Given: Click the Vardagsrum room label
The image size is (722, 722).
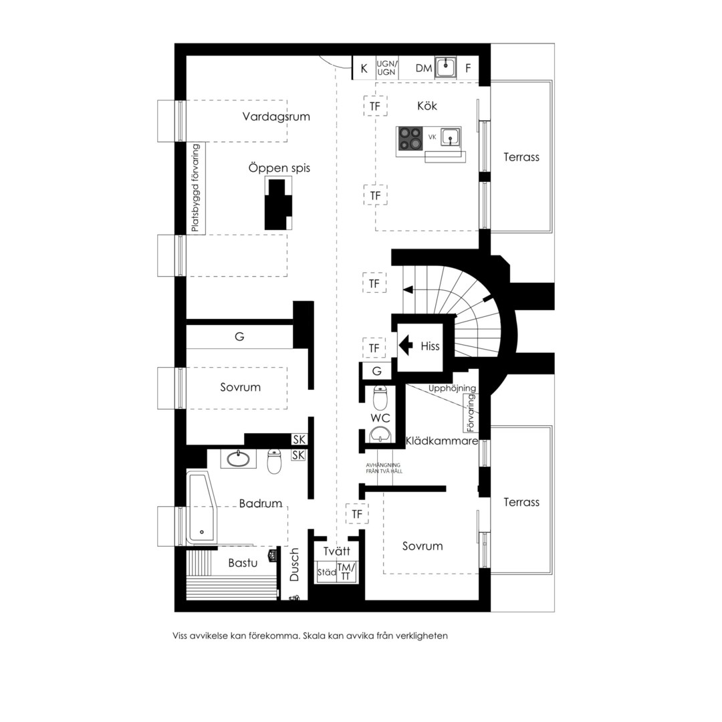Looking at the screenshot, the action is [276, 116].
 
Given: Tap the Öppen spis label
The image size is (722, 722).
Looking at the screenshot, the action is [279, 168].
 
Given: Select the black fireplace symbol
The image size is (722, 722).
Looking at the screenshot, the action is [277, 204].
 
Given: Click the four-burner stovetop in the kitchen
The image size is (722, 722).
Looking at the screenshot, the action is [410, 138].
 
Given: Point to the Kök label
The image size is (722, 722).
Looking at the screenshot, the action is [427, 106].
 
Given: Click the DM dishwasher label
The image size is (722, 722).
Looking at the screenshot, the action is [424, 69].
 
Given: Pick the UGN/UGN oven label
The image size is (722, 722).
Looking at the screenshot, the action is [387, 68].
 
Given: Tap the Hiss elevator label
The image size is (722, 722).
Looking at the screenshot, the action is [430, 346].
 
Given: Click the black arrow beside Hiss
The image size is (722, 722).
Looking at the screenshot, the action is [406, 346].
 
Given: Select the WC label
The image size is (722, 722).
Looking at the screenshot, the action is [380, 418].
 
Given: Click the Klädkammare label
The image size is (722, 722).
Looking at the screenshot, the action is [442, 441].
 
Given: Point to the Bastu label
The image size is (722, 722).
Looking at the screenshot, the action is [243, 563].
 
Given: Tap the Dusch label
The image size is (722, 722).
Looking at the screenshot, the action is [294, 564].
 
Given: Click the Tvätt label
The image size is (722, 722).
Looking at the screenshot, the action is [336, 551].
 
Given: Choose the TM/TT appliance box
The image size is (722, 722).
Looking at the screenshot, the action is [346, 572].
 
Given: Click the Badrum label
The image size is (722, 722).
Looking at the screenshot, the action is [261, 503].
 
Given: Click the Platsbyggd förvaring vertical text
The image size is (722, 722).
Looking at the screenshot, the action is [196, 188].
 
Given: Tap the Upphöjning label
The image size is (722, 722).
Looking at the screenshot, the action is [452, 388].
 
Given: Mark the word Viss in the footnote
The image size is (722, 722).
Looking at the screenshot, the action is [180, 636].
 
